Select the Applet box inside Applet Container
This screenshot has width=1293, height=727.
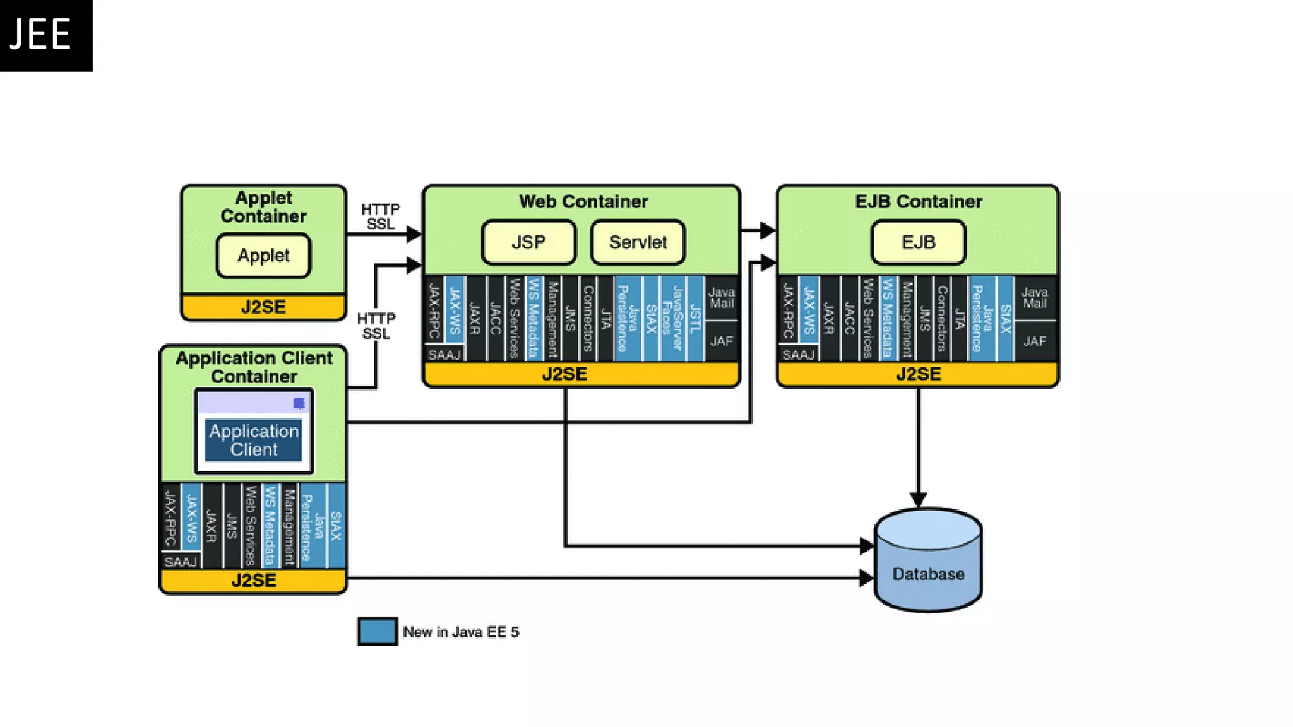point(263,256)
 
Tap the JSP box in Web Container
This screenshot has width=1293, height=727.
point(528,242)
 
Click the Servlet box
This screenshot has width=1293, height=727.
point(638,242)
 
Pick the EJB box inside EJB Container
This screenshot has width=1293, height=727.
point(918,242)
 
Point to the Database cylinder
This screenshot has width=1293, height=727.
point(928,561)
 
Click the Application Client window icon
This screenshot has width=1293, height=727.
point(254,432)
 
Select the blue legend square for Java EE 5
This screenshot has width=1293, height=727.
point(378,631)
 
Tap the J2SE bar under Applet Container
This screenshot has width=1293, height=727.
point(263,307)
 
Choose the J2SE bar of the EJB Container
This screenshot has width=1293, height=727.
point(918,374)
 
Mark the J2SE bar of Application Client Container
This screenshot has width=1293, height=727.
point(253,581)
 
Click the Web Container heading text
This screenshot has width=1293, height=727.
point(583,202)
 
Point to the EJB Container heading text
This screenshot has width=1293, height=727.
point(919,202)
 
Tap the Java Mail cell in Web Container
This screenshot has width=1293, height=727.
point(721,297)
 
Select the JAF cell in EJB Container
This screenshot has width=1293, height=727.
point(1035,341)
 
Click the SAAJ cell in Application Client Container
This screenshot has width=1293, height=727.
point(181,562)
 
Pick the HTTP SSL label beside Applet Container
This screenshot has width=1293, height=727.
point(380,216)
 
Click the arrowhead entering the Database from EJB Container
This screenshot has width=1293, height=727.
point(918,499)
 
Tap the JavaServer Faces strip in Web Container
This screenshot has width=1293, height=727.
point(672,318)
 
